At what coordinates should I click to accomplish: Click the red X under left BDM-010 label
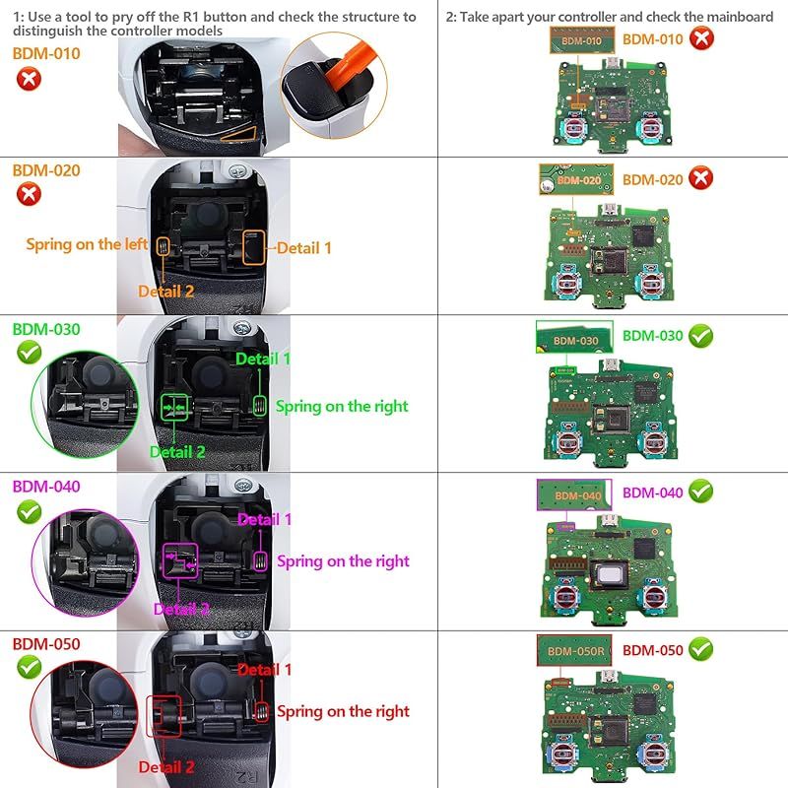[30, 78]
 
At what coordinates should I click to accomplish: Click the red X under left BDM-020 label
[30, 193]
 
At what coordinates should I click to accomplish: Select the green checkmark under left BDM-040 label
[30, 512]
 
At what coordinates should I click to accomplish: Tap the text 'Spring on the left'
[87, 244]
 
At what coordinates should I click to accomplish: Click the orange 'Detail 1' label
[303, 248]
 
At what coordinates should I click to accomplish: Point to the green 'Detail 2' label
[177, 451]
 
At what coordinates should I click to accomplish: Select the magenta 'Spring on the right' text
[343, 561]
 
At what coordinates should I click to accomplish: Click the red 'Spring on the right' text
[343, 711]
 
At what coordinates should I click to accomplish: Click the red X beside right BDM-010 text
[701, 39]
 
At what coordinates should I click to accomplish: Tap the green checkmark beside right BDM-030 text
[701, 336]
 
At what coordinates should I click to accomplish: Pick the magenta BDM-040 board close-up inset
[574, 494]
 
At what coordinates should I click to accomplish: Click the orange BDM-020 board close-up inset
[577, 180]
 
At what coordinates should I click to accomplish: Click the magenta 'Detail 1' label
[265, 519]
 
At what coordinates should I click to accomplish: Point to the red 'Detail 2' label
[166, 767]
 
